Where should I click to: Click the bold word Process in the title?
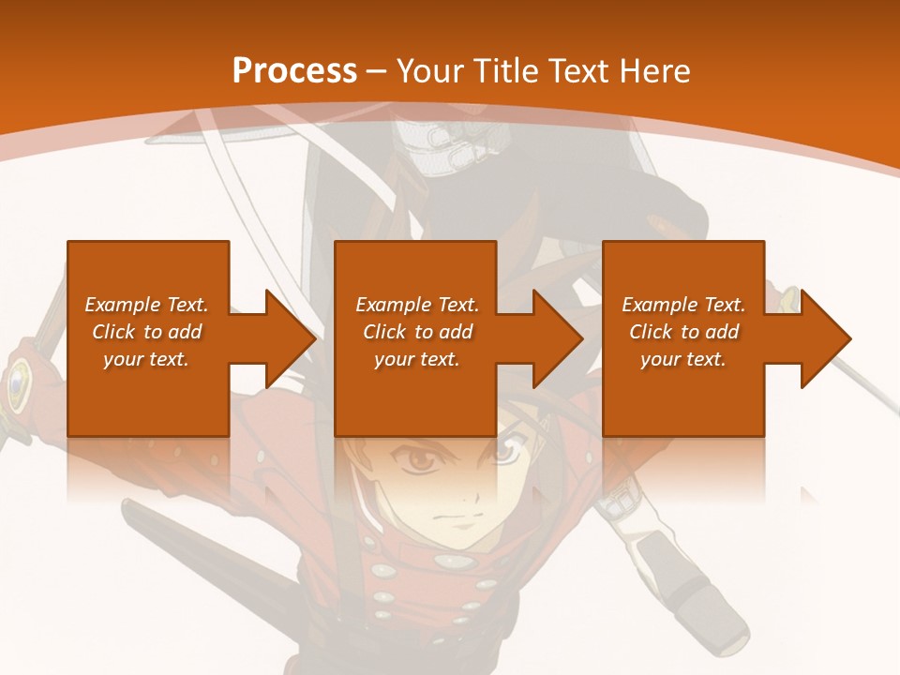(x=294, y=70)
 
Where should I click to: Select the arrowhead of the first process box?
(x=290, y=338)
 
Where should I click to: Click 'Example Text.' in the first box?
(x=146, y=305)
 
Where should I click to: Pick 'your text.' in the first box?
(x=146, y=359)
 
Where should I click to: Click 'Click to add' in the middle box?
(x=417, y=332)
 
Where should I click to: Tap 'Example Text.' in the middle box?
(x=417, y=305)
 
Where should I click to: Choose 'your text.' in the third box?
(x=683, y=359)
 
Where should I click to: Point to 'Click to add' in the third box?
(x=683, y=332)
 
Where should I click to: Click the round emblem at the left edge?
(x=16, y=383)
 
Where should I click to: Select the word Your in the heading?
(x=430, y=70)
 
